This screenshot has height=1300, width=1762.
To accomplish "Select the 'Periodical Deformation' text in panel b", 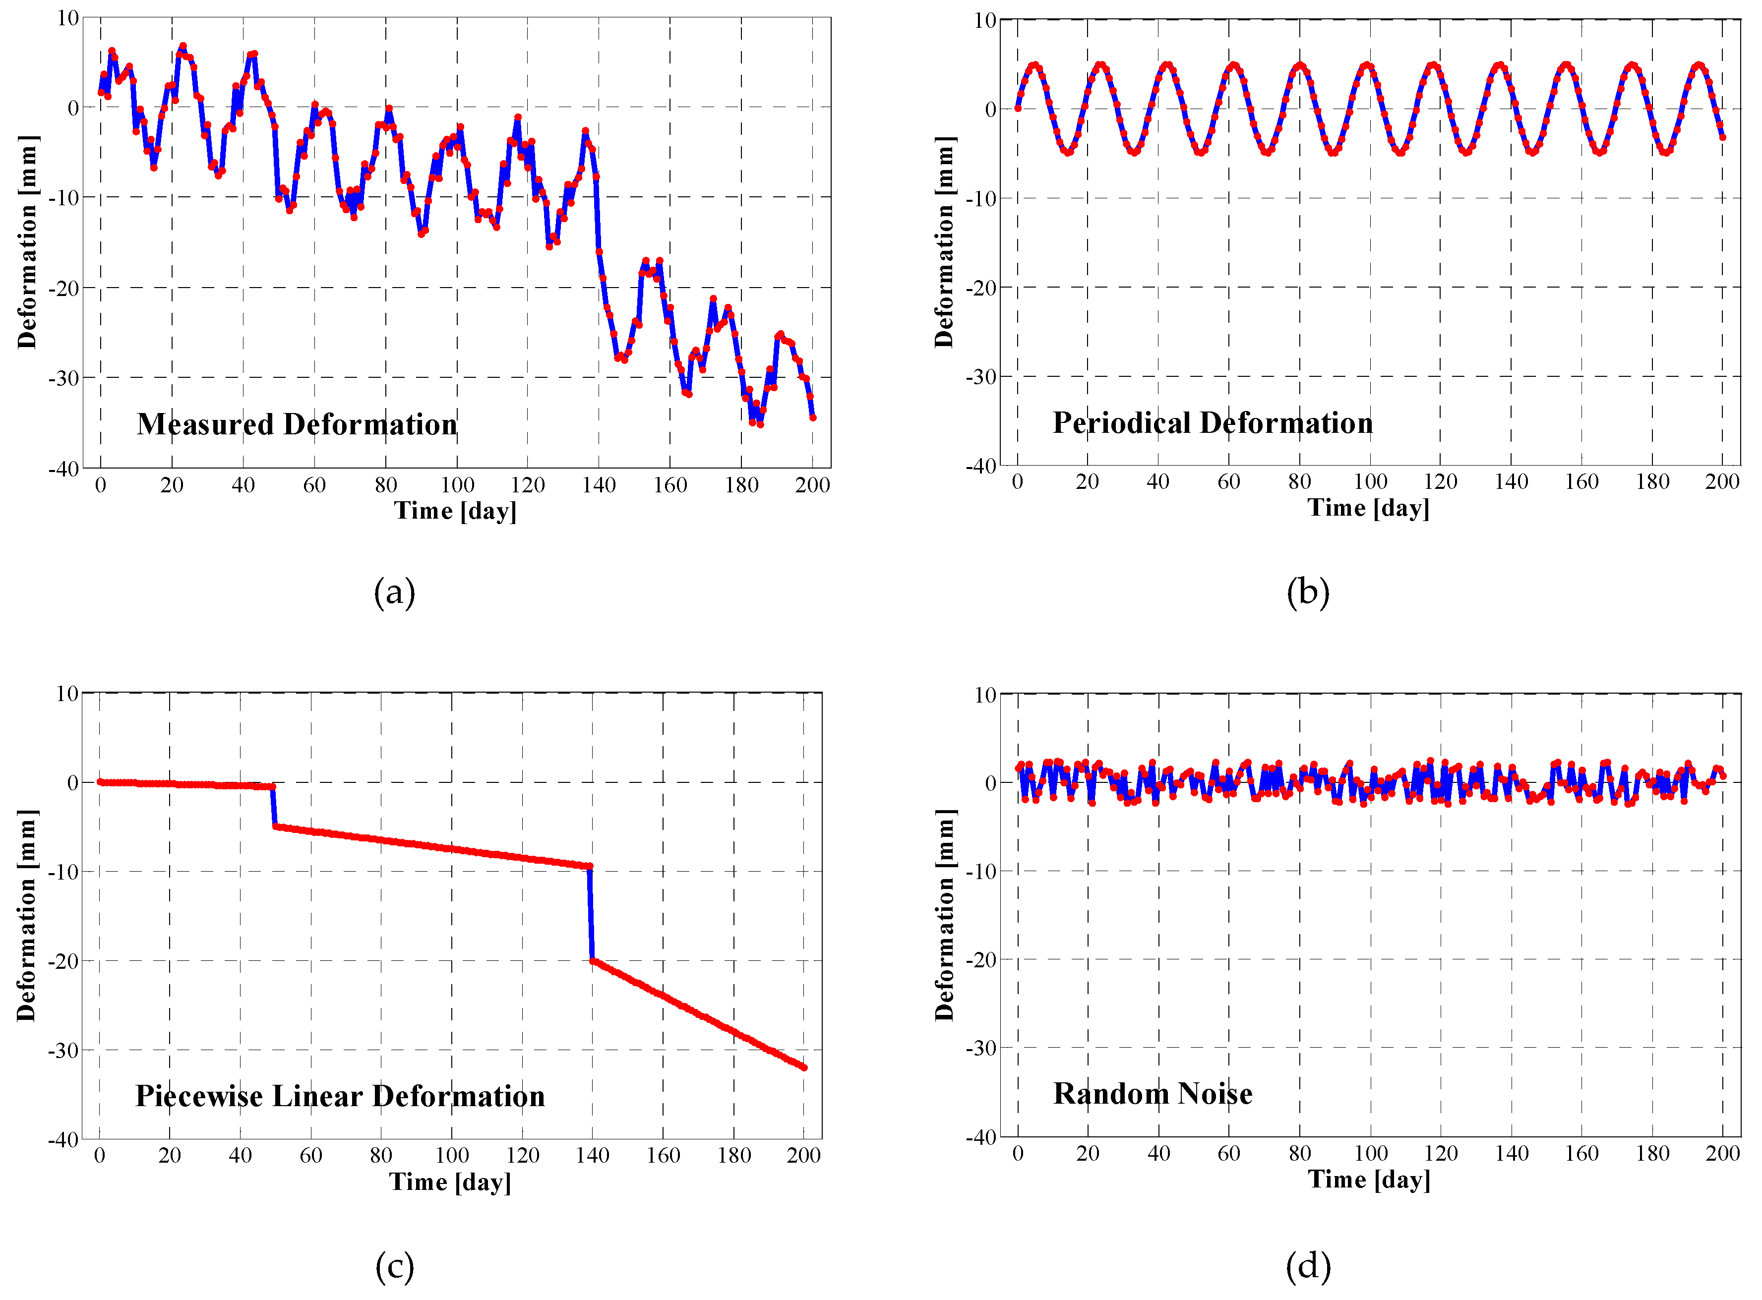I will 1212,423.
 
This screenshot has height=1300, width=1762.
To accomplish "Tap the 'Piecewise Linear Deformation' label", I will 340,1096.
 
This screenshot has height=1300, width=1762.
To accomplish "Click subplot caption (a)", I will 394,592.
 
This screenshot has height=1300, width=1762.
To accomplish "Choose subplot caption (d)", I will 1308,1266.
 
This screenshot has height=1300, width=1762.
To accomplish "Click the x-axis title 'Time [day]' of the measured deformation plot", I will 456,511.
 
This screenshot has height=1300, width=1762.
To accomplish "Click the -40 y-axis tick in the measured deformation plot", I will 64,469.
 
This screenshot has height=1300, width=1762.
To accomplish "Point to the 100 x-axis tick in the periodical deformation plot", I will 1370,481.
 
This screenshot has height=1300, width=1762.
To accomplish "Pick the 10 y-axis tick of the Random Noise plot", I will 985,695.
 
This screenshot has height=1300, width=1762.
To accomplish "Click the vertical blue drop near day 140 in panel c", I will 591,913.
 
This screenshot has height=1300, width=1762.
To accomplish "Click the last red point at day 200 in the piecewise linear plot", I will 803,1068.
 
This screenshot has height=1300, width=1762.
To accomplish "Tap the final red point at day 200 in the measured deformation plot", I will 813,418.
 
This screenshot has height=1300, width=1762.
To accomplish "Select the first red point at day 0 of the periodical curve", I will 1018,108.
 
